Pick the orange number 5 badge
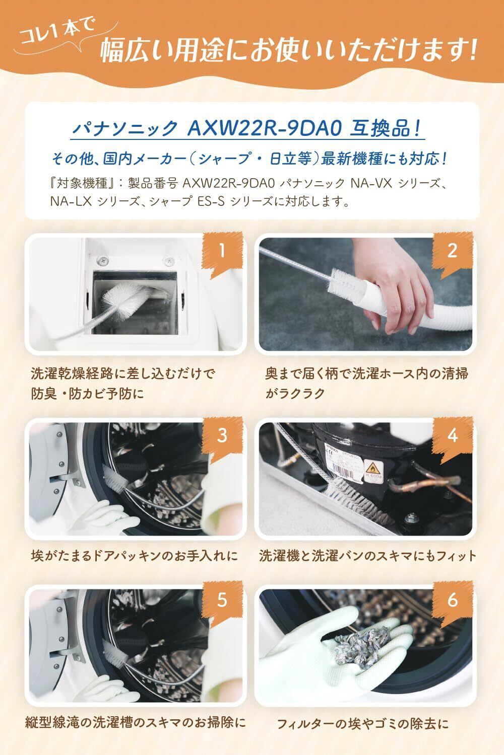[x=222, y=600]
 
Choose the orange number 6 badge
[x=453, y=600]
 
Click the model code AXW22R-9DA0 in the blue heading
[x=264, y=128]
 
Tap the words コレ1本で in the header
[x=57, y=32]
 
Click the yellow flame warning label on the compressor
[x=372, y=469]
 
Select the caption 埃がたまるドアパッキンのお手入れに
[x=135, y=556]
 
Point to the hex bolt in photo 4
[x=410, y=517]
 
